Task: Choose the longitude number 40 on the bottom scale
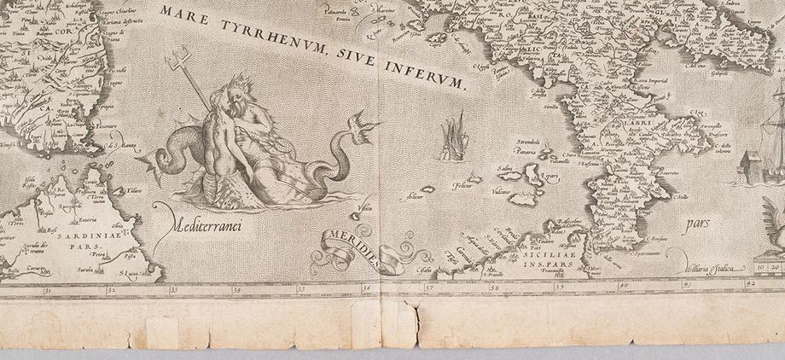click(624, 287)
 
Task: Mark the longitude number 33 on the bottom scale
click(173, 288)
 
